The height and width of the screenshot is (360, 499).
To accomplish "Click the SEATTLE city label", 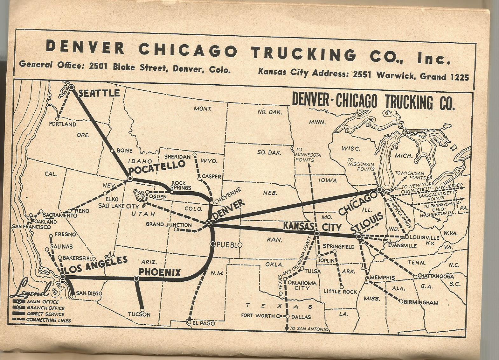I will pos(99,93).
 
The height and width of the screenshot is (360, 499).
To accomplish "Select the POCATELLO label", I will pos(157,167).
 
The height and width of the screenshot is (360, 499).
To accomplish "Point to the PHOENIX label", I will pos(159,272).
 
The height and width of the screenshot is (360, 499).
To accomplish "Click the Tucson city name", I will pos(139,314).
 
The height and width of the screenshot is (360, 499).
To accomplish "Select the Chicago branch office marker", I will pos(379,189).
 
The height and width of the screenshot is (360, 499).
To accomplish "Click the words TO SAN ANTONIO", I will pos(309,329).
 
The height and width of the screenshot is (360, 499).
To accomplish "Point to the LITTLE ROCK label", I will pos(340,291).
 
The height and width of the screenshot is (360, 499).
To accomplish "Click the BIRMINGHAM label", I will pos(421,302).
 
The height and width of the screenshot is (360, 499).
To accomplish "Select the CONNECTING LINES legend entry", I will pos(49,320).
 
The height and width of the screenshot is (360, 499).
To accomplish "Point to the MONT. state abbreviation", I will pos(203,109).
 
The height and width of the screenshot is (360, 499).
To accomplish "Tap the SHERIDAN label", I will pos(177,157).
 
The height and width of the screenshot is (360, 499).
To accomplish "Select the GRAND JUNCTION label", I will pos(169,224).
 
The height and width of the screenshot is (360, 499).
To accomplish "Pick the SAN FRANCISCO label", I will pos(31,227).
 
